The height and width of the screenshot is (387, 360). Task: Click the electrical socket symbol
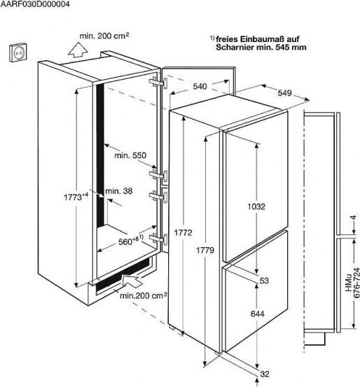pyautogui.click(x=18, y=52)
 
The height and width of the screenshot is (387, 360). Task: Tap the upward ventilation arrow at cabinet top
pyautogui.click(x=78, y=50)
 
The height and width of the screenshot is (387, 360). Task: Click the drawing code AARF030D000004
pyautogui.click(x=35, y=4)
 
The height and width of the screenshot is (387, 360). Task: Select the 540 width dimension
pyautogui.click(x=200, y=87)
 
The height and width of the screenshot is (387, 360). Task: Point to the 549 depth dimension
pyautogui.click(x=284, y=93)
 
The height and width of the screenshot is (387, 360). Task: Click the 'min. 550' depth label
pyautogui.click(x=130, y=155)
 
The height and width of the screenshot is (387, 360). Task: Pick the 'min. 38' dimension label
pyautogui.click(x=119, y=191)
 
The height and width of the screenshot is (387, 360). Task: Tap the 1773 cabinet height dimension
pyautogui.click(x=76, y=197)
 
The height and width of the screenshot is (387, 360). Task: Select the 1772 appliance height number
pyautogui.click(x=183, y=233)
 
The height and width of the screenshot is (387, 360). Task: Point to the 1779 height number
pyautogui.click(x=205, y=251)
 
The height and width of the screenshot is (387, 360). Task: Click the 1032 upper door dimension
pyautogui.click(x=256, y=206)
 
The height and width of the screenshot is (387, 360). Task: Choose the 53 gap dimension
pyautogui.click(x=264, y=281)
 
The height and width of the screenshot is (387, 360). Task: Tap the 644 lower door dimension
pyautogui.click(x=258, y=314)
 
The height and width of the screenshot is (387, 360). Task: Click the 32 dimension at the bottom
pyautogui.click(x=264, y=374)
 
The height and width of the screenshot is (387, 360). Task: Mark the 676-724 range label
pyautogui.click(x=356, y=283)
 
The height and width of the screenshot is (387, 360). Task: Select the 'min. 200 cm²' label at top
pyautogui.click(x=104, y=36)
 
